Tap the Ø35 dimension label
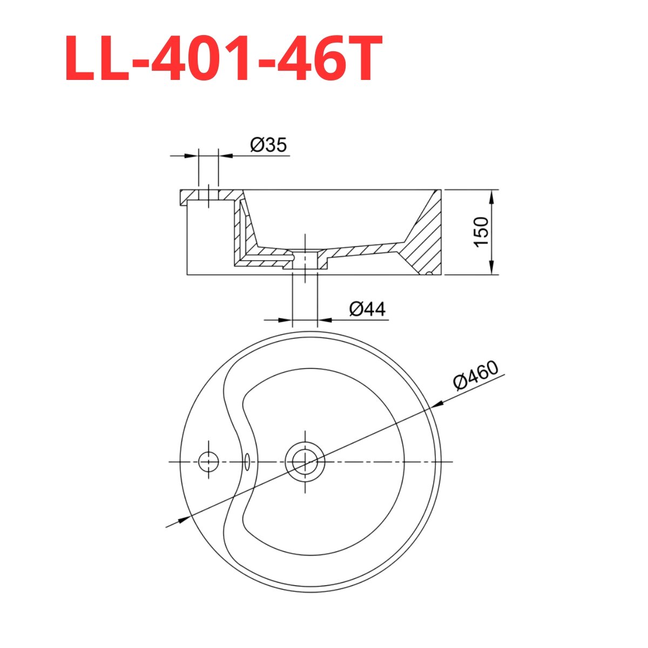268,145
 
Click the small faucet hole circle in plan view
208,462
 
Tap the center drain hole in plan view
305,462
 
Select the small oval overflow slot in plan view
247,462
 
